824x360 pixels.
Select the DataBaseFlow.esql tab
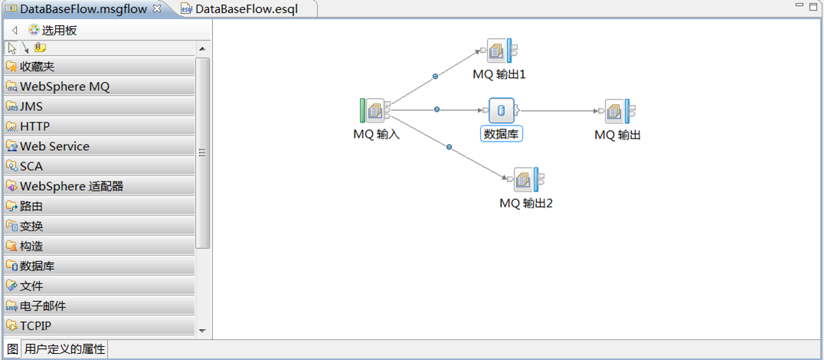246,9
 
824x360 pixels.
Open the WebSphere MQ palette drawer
65,87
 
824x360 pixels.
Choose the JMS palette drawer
31,106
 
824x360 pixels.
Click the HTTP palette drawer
34,126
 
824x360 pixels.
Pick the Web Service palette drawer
54,146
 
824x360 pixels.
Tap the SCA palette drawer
31,166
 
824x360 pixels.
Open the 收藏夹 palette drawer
38,67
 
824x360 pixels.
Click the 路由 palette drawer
31,206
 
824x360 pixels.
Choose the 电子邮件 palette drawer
43,306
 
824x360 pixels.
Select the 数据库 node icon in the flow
501,110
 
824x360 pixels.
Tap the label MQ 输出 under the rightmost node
617,135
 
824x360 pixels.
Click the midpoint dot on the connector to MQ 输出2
449,146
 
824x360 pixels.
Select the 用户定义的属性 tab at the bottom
65,349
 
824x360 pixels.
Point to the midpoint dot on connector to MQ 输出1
436,76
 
